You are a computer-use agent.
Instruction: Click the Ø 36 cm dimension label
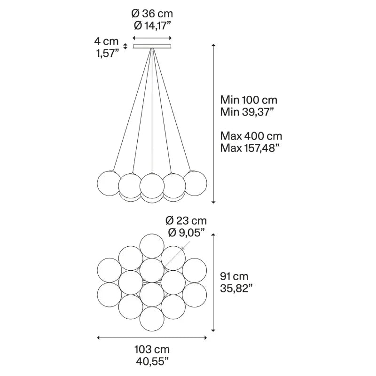152,14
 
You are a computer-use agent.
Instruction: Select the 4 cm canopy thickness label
106,41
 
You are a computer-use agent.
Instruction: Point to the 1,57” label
108,53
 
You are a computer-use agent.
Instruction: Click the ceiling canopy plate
152,46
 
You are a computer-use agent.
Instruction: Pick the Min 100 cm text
249,100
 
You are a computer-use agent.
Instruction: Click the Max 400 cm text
251,136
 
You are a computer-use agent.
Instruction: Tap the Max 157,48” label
250,148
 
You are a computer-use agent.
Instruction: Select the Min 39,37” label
247,112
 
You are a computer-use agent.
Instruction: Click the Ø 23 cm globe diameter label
186,220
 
